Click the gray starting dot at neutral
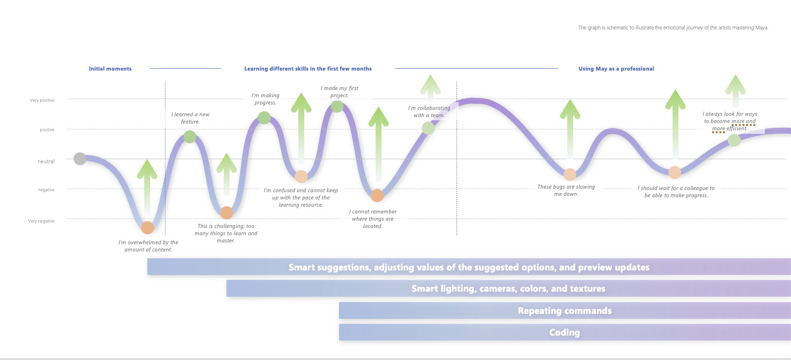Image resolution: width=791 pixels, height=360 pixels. tap(80, 159)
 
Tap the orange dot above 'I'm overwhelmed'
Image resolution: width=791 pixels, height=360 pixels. tap(147, 227)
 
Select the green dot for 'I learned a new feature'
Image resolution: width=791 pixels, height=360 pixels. tap(190, 137)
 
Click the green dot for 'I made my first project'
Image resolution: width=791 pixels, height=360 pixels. tap(337, 106)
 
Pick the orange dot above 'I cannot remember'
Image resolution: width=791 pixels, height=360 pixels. tap(377, 195)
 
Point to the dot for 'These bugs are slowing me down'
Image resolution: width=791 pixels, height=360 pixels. tap(570, 174)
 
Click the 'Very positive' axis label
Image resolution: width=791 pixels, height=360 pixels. tap(42, 100)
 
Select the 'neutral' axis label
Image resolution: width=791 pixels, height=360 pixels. tap(46, 161)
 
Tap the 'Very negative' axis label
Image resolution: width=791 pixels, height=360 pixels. tap(41, 221)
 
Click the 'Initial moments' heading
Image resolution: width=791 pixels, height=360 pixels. tap(110, 69)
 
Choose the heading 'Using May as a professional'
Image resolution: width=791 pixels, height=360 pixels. tap(616, 69)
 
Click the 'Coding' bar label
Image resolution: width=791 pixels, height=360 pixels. tap(565, 332)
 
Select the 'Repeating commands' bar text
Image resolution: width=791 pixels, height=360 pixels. tap(565, 311)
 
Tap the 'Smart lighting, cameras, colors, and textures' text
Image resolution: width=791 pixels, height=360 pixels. tap(508, 289)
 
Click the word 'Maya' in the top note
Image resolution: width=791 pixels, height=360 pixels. tap(761, 28)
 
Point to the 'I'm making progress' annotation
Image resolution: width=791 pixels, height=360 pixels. tap(265, 99)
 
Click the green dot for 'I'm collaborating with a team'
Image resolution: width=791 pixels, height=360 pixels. tap(428, 128)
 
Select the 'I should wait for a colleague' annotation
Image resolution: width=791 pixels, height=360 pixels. tap(676, 192)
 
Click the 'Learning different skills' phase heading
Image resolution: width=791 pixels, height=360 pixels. tap(308, 69)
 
